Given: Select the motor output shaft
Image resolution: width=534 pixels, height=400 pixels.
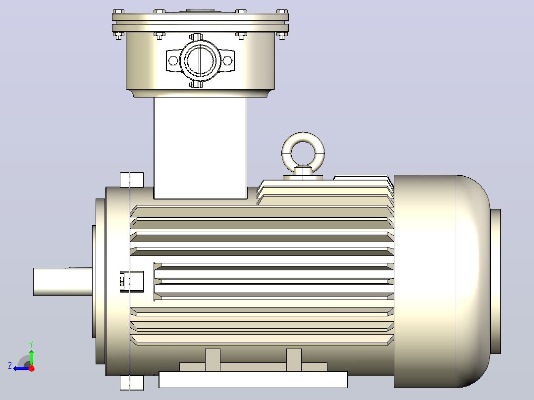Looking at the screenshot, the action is pos(62,282).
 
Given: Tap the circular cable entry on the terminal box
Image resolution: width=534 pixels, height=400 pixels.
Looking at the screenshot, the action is pos(200,60).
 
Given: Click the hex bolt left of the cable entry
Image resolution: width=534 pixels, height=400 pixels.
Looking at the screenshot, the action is pos(173,61).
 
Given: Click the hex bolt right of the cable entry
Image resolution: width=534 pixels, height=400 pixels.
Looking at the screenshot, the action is pos(227,61).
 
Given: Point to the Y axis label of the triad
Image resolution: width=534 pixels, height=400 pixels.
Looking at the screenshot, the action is pos(31,344).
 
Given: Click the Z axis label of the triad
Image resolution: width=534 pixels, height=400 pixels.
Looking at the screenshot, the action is pos(10,366).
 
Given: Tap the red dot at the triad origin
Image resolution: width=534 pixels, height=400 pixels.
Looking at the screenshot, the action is pos(32,368).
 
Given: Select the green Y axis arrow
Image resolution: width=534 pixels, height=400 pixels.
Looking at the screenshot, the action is pos(31,357).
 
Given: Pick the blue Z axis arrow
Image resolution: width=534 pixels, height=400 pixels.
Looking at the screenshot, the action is pos(21,368).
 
